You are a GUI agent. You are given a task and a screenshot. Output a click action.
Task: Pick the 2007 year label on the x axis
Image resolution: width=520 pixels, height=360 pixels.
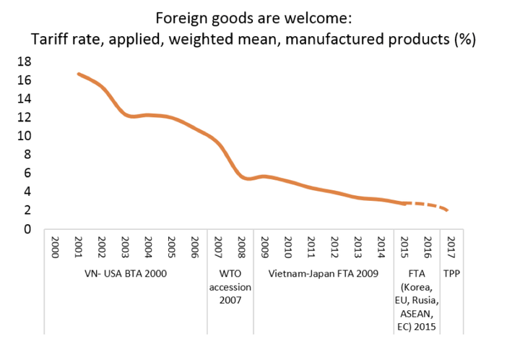point(219,248)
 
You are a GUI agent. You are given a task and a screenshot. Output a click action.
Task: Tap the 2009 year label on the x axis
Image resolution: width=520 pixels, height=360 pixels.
point(265,248)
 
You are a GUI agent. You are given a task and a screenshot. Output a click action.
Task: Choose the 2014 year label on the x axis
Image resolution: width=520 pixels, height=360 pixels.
point(381,248)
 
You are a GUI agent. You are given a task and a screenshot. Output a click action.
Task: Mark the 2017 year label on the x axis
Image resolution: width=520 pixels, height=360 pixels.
point(451,248)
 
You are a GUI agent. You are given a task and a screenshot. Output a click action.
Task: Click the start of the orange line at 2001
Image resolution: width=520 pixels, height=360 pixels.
point(78,74)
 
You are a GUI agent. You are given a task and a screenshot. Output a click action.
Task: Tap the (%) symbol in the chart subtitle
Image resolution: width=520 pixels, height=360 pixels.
point(463,38)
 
